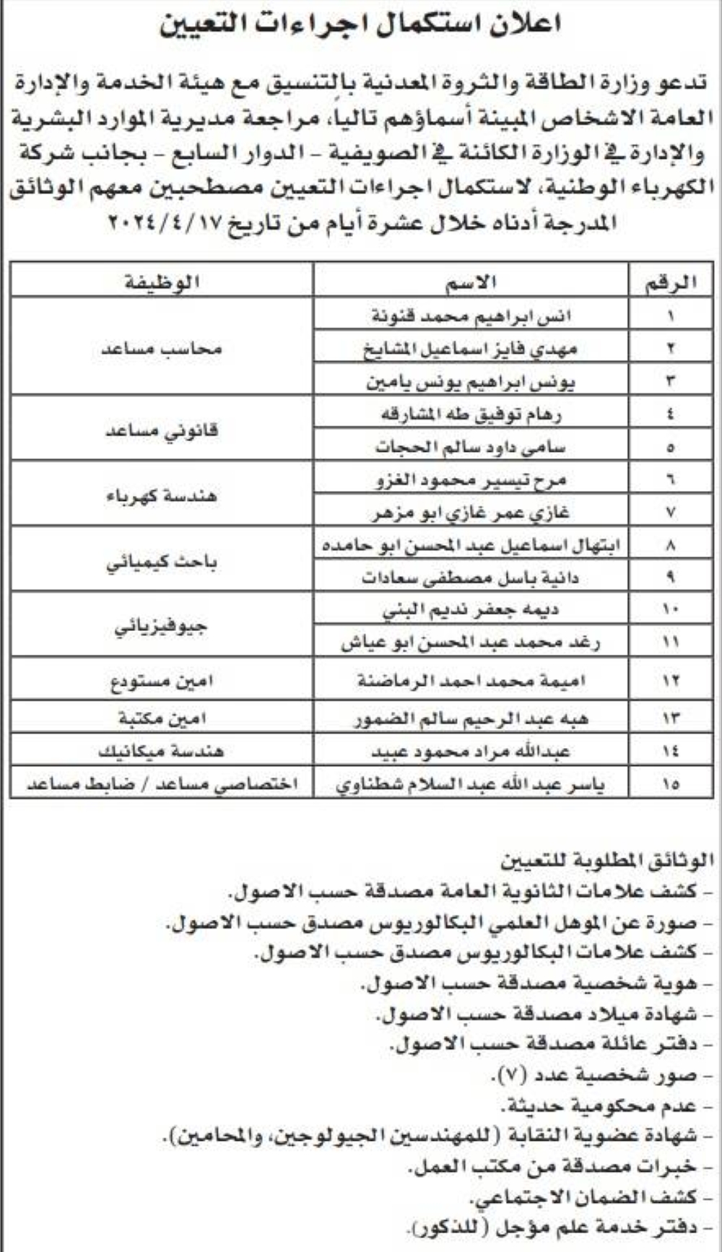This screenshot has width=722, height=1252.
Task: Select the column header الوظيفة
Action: coord(162,282)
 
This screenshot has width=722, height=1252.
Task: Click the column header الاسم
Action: coord(471,282)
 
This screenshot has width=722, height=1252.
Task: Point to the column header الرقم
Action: coord(671,282)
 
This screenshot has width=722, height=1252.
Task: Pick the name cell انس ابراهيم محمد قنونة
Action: coord(471,316)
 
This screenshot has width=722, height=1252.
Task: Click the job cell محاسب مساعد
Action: coord(162,349)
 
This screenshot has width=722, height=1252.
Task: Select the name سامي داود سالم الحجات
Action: coord(471,447)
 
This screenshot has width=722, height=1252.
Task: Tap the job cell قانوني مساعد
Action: coord(162,431)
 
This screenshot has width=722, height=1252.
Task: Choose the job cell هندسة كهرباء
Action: coord(162,496)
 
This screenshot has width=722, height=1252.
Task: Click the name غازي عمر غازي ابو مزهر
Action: coord(471,513)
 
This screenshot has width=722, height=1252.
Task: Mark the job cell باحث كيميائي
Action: coord(162,562)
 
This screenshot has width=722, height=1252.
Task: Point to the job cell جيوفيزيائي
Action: coord(162,626)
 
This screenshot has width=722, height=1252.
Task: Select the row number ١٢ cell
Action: coord(671,681)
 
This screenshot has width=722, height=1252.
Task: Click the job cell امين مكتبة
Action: coord(162,718)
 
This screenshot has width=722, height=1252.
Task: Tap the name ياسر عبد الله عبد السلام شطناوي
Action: coord(471,784)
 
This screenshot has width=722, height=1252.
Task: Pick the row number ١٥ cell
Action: coord(671,784)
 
